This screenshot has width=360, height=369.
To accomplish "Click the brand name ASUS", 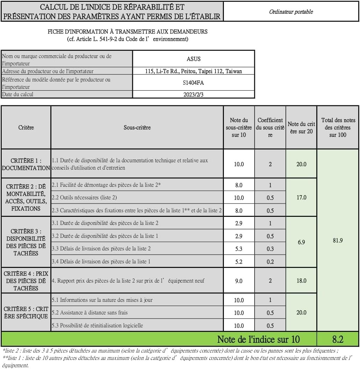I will (x=193, y=59).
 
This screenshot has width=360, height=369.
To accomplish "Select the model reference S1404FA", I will (x=193, y=83).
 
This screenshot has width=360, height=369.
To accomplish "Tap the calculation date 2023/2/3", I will (x=193, y=94).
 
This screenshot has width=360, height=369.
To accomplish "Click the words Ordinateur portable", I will (x=291, y=12).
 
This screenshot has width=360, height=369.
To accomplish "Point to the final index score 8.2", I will (x=338, y=339).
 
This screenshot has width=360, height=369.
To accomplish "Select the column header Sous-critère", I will (x=137, y=127).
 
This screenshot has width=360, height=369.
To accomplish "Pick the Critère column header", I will (x=26, y=127).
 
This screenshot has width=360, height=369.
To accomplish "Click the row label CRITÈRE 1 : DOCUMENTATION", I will (x=26, y=164).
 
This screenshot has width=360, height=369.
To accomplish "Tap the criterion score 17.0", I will (x=301, y=197).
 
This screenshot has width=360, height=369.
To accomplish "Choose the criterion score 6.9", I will (x=301, y=242).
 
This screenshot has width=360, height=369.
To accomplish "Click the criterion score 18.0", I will (x=301, y=281).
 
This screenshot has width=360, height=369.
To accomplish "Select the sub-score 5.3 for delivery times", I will (x=239, y=249).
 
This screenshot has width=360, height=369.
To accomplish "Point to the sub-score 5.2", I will (x=239, y=261).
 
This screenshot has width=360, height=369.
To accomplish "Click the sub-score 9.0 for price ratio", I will (x=239, y=281).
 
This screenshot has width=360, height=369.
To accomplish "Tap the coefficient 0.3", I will (x=270, y=249).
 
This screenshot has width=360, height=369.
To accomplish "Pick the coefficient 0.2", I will (x=270, y=261).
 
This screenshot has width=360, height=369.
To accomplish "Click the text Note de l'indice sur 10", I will (x=258, y=339).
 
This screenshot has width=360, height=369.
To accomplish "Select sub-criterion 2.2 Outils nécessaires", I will (x=84, y=198).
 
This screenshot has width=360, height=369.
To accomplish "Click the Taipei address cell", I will (x=193, y=71).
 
